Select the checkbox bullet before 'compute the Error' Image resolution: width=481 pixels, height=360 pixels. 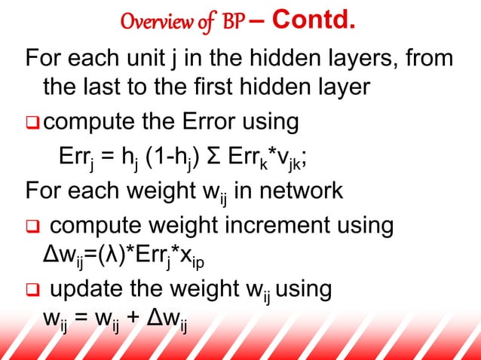coord(34,122)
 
